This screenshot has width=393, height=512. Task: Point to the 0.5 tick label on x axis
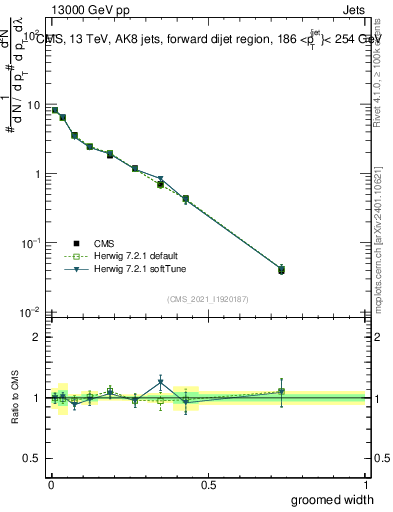[x=208, y=484]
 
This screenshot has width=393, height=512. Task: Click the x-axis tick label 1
[x=365, y=484]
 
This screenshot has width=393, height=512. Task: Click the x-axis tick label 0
[x=51, y=484]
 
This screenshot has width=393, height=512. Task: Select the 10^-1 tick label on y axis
[x=32, y=243]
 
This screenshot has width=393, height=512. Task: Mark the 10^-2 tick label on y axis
[x=32, y=312]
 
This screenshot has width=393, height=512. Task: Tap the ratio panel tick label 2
[x=38, y=337]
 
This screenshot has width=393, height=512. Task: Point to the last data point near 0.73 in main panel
[x=281, y=269]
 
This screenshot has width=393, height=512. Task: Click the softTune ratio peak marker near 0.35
[x=161, y=381]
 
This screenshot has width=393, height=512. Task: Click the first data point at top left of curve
[x=55, y=110]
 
